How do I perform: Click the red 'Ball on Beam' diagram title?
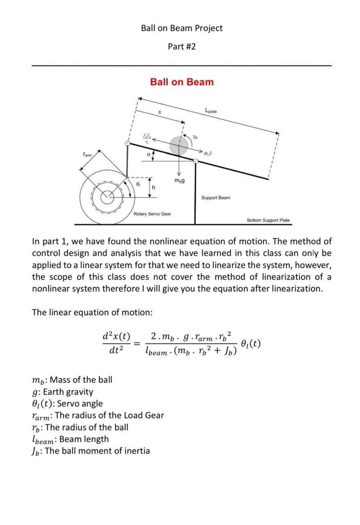pos(182,82)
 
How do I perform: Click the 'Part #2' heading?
pos(182,46)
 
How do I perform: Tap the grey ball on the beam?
pos(179,145)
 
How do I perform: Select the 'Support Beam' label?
pos(216,198)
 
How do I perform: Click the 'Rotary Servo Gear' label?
pos(152,214)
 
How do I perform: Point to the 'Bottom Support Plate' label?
pos(268,220)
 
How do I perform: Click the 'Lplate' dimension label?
pos(211,111)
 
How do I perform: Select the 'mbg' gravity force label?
pos(179,180)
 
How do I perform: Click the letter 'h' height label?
pos(154,187)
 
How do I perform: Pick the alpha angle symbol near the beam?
pos(148,155)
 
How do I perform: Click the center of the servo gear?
pos(107,197)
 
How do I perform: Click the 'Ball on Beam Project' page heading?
pos(182,28)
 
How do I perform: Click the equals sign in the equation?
pos(137,344)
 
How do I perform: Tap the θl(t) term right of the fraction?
pos(251,344)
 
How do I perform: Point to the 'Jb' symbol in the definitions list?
pos(37,451)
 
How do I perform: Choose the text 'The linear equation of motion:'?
pos(92,313)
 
